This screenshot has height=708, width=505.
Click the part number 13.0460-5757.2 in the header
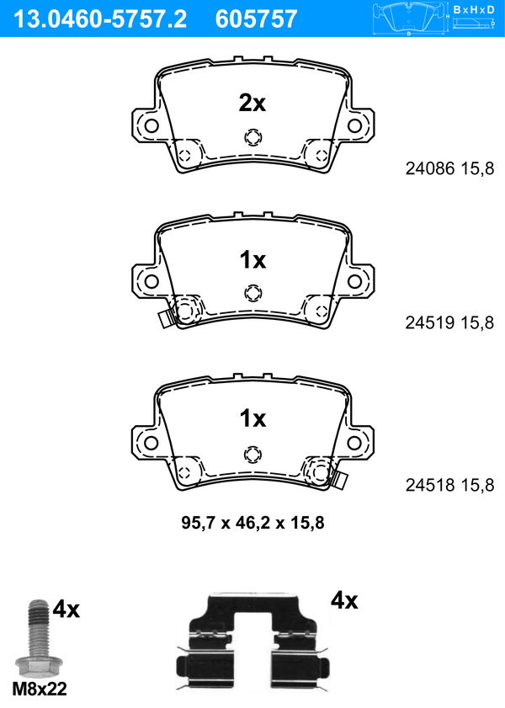tap(100, 19)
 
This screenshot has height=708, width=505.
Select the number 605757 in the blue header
tap(256, 19)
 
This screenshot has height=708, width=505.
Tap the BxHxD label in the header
tap(473, 9)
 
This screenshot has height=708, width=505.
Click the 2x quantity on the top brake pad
tap(252, 104)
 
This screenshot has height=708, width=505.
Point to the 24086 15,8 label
tap(449, 168)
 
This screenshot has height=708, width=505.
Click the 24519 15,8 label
tap(449, 322)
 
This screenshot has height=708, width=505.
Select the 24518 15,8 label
tap(449, 485)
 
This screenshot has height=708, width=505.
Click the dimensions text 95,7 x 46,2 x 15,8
tap(252, 523)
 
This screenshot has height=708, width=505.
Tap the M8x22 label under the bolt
tap(40, 689)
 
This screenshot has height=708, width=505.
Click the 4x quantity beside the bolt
tap(66, 610)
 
